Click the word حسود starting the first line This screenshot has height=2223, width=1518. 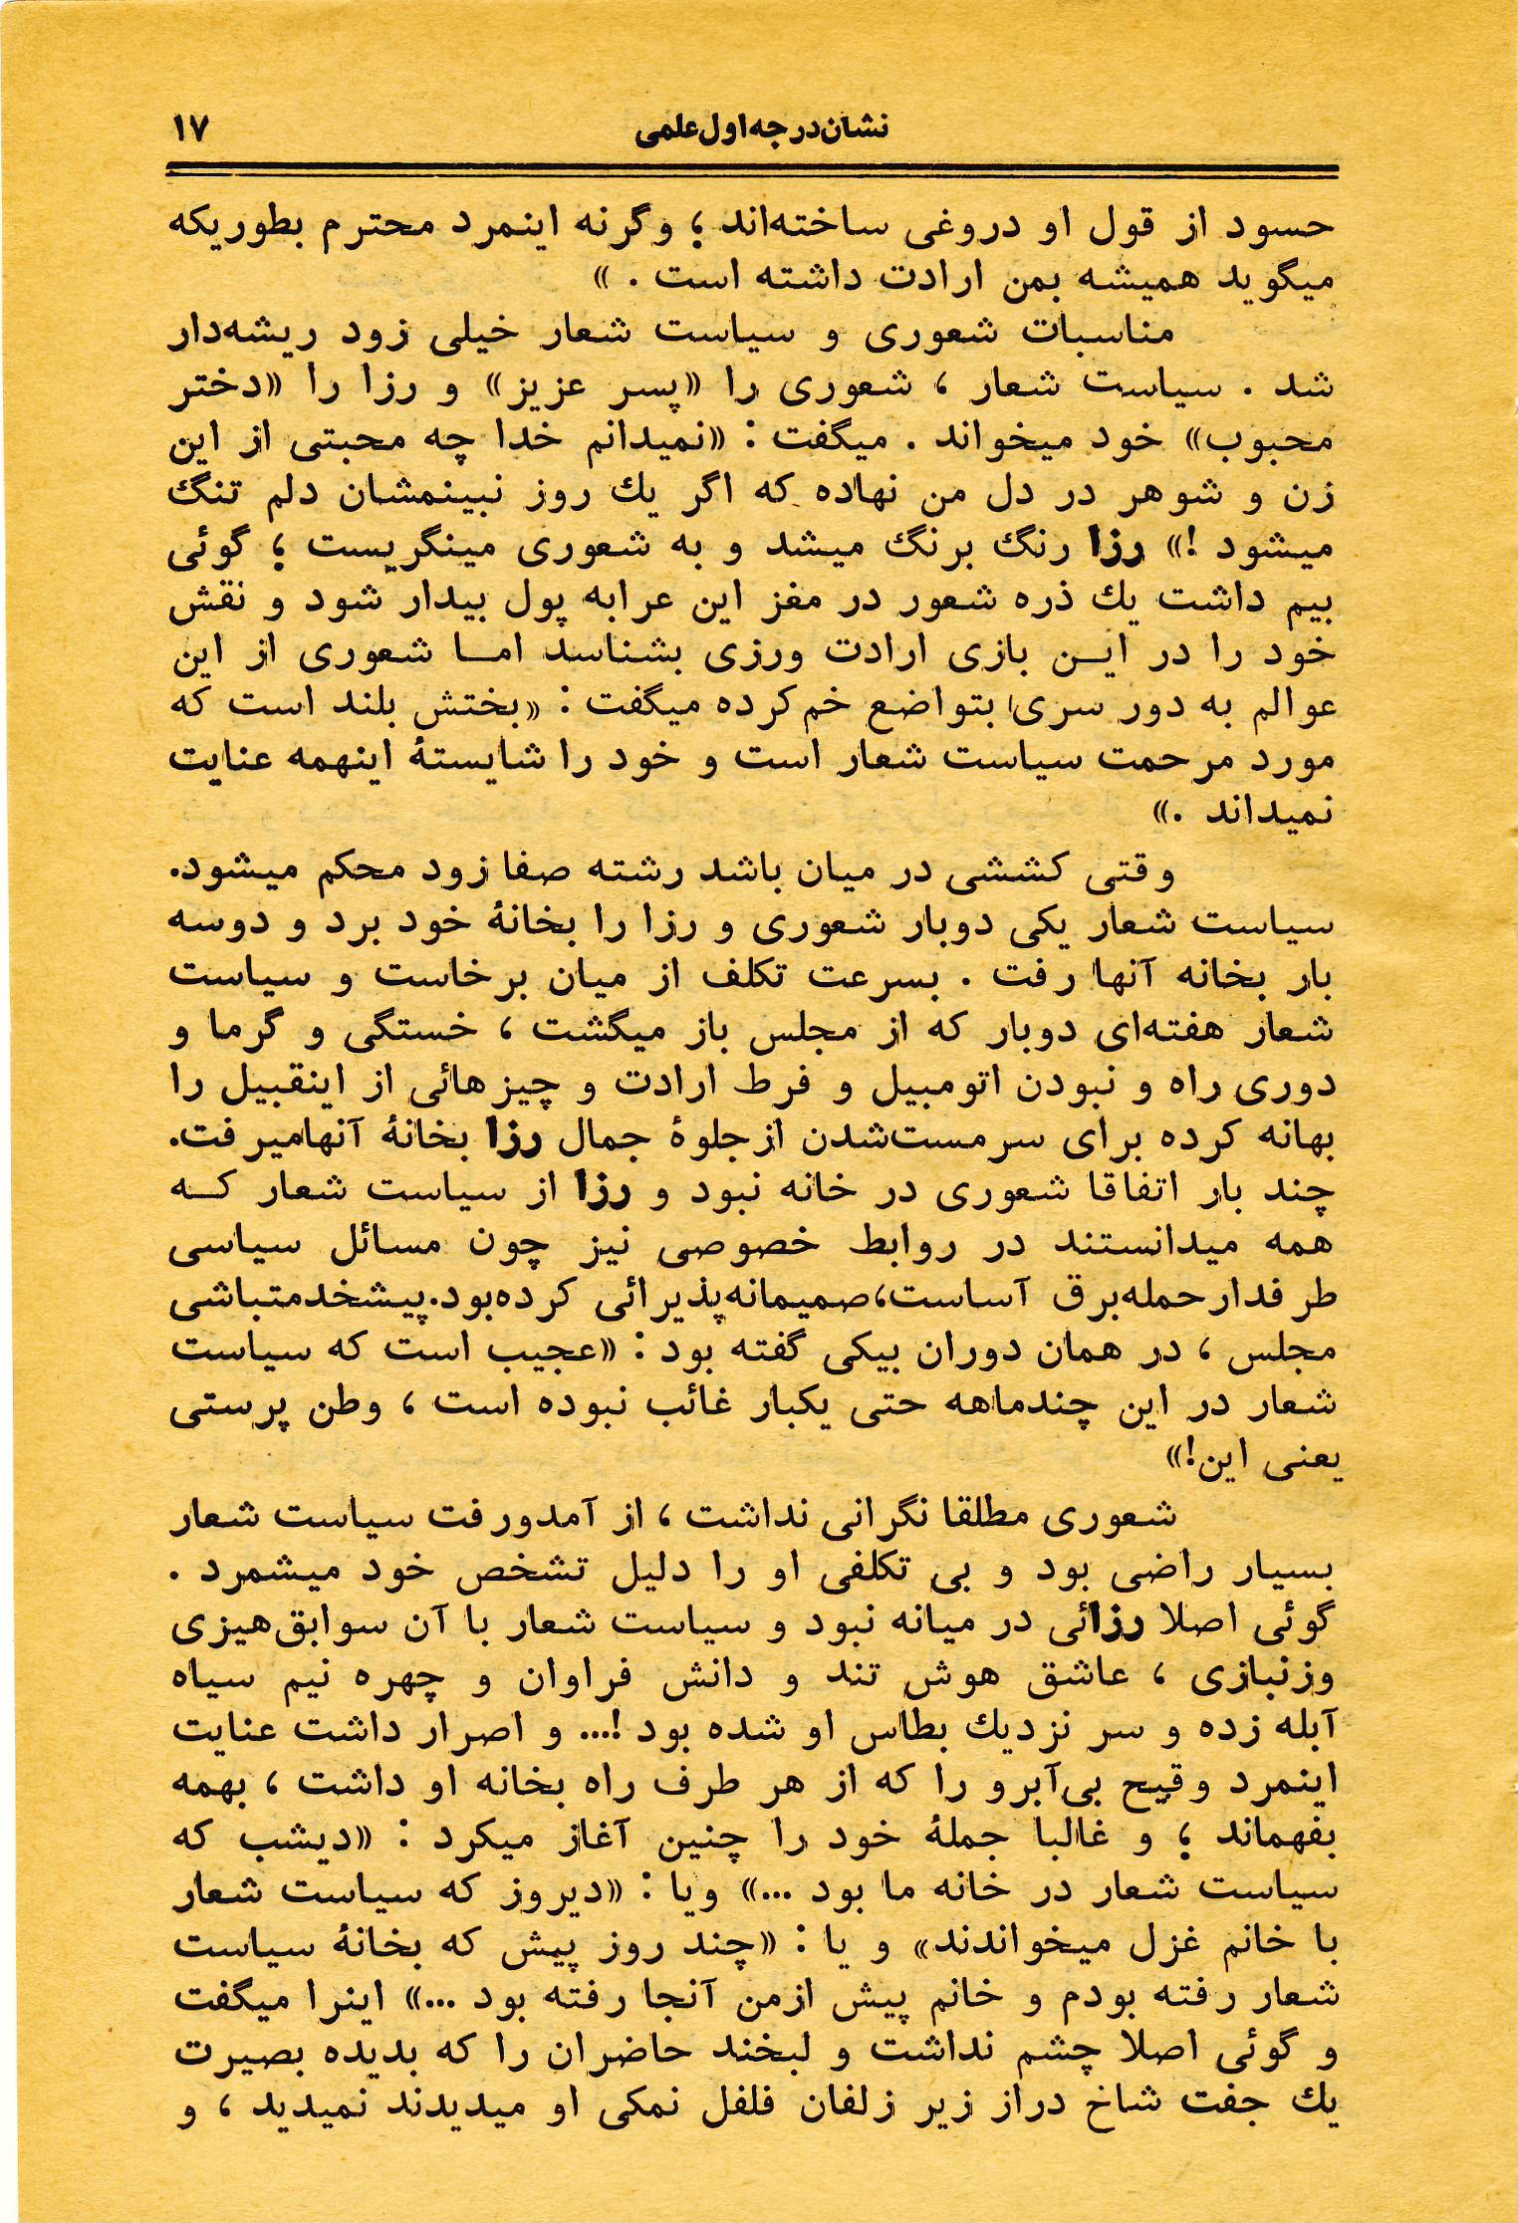[1282, 225]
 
